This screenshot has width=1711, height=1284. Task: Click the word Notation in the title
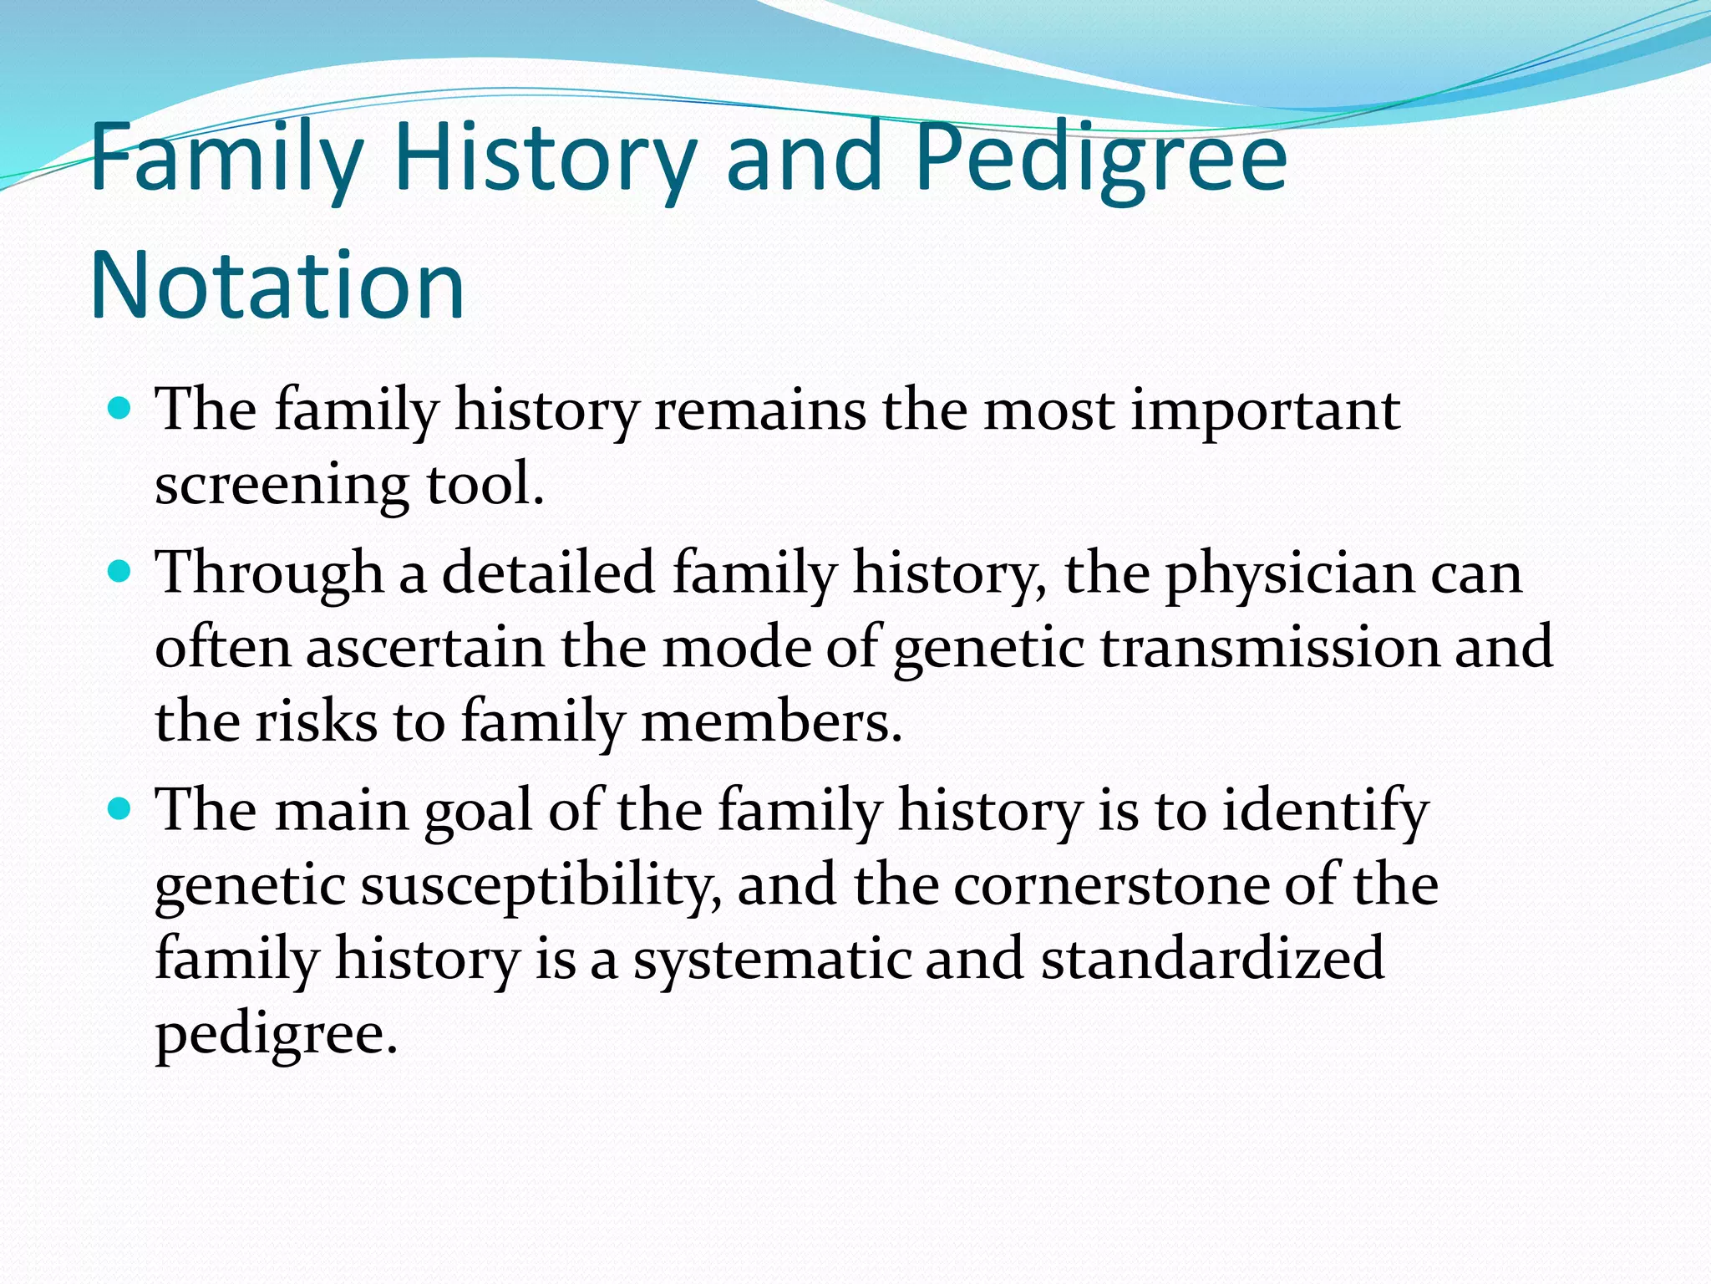point(277,286)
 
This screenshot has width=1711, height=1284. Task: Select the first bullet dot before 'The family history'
point(121,410)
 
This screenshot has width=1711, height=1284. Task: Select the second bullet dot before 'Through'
point(121,573)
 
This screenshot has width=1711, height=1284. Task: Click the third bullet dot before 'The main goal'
point(121,809)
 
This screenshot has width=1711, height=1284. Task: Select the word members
point(771,721)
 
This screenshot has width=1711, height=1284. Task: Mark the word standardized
point(1213,958)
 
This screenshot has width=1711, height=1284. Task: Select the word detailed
point(547,574)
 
